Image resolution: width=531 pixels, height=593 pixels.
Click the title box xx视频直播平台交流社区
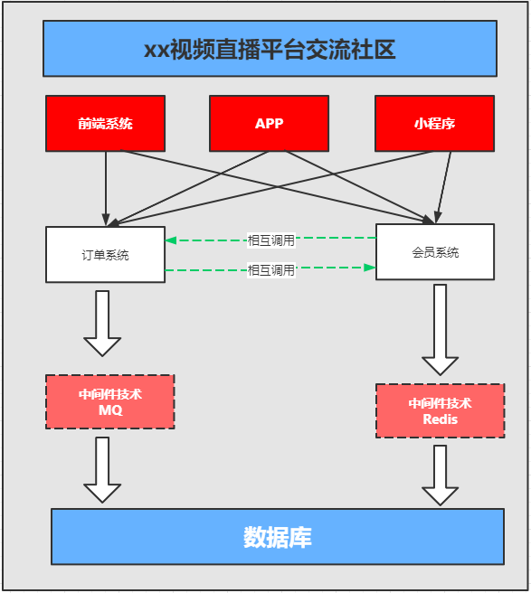coord(270,49)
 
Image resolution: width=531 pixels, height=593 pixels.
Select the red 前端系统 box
coord(105,123)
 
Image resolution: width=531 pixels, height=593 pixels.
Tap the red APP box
coord(269,123)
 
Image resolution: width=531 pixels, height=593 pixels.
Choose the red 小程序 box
coord(434,123)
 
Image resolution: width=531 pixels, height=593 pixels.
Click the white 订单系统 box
coord(105,255)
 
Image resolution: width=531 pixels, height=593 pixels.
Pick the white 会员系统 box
coord(434,252)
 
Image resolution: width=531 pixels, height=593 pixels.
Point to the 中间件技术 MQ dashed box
coord(109,401)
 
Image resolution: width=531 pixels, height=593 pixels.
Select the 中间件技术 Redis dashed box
coord(440,410)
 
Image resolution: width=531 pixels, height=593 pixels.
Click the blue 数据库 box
coord(277,537)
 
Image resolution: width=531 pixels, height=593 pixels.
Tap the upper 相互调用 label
coord(271,240)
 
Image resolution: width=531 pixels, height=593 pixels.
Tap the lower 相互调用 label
coord(271,269)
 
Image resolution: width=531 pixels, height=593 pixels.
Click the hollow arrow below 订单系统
coord(102,324)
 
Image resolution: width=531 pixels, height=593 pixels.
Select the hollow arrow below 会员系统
coord(441,330)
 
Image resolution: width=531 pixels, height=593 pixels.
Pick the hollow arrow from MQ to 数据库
coord(102,470)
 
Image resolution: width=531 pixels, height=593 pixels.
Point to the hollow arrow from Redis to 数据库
coord(441,475)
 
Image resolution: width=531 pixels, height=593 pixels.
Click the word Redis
coord(441,419)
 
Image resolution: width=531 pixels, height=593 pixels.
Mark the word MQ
coord(109,410)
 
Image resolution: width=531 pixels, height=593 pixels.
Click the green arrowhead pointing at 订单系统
coord(171,240)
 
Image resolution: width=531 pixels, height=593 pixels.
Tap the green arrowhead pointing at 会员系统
coord(369,268)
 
